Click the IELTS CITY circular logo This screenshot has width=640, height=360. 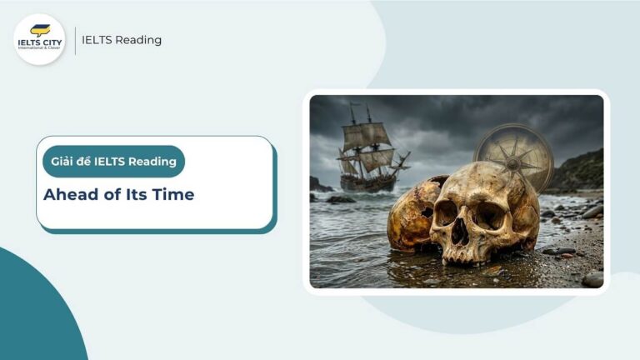(x=39, y=39)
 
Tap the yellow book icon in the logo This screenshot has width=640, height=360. (x=39, y=30)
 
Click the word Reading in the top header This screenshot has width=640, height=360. (x=138, y=40)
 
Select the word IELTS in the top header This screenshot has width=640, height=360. (x=97, y=40)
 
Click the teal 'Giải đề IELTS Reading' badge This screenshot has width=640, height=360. (x=113, y=161)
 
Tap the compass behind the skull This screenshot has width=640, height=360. (x=513, y=155)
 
